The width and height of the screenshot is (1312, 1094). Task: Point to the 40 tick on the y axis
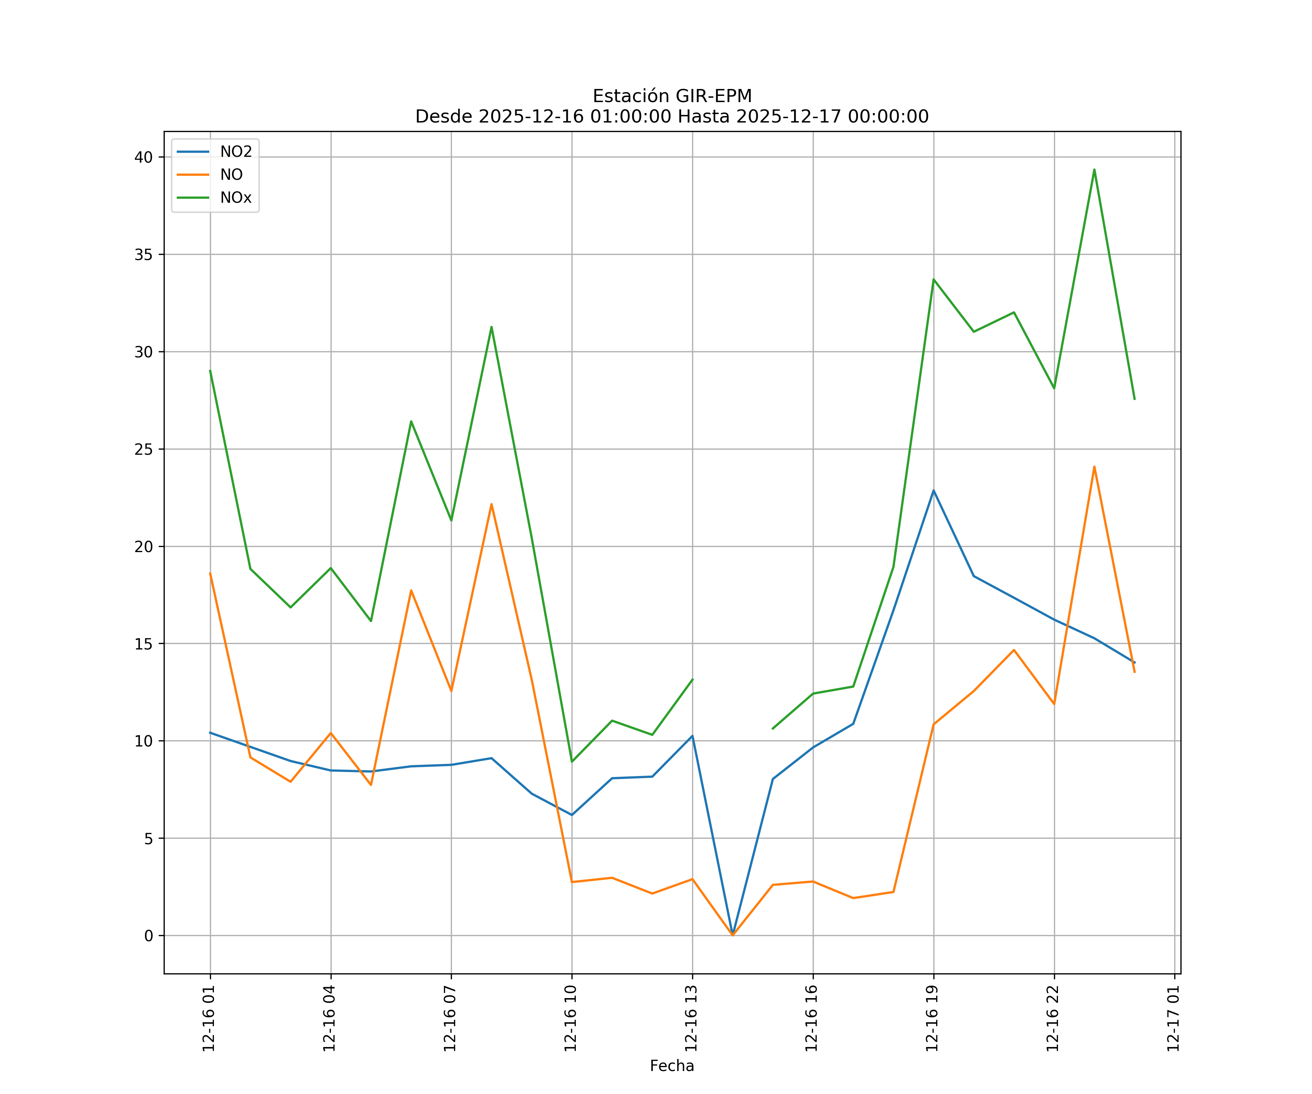pos(144,157)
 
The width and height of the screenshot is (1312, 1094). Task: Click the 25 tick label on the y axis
pos(144,449)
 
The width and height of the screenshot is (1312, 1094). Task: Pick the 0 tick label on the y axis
pos(149,936)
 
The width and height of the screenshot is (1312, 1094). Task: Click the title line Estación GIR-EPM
pos(672,96)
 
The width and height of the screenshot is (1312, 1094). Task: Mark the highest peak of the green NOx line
pos(1094,170)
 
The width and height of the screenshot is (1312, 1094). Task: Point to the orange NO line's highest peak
pos(1094,466)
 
